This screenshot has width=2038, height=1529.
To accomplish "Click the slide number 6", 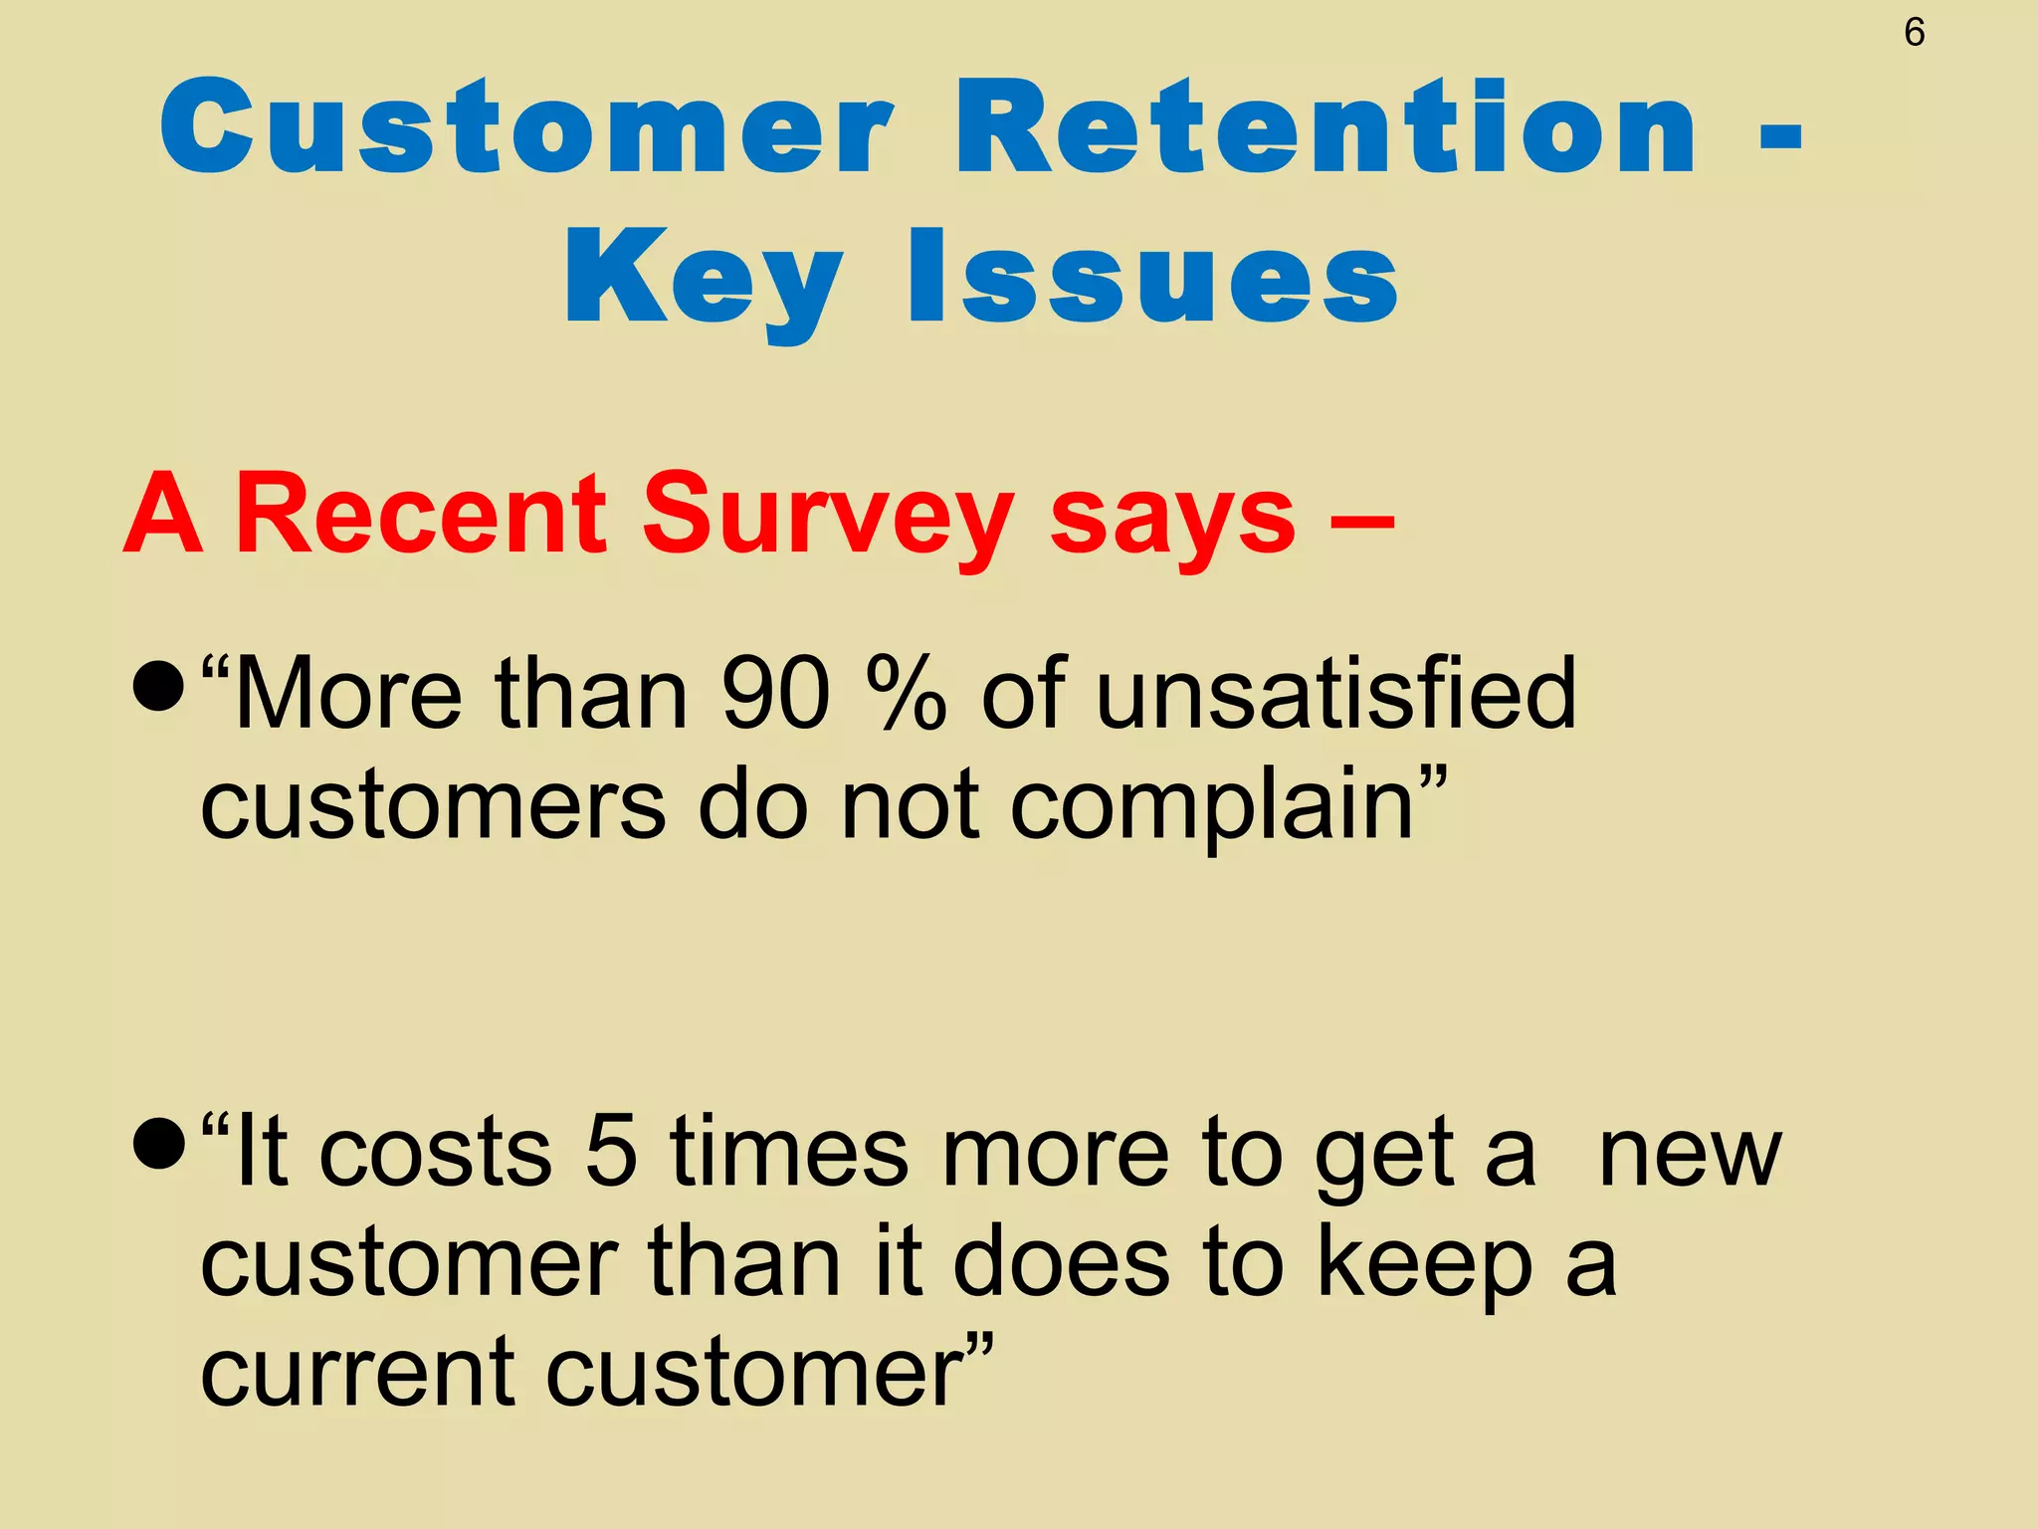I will (x=1914, y=33).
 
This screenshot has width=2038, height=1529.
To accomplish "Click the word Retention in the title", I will (x=1325, y=127).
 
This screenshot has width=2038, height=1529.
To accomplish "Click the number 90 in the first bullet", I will (x=775, y=693).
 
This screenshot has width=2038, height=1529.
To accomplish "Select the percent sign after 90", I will (x=906, y=693).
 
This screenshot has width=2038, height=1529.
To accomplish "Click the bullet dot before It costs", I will (x=158, y=1145).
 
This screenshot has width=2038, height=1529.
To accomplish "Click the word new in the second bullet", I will (x=1689, y=1155).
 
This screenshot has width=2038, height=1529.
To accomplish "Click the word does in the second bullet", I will (x=1061, y=1262).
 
